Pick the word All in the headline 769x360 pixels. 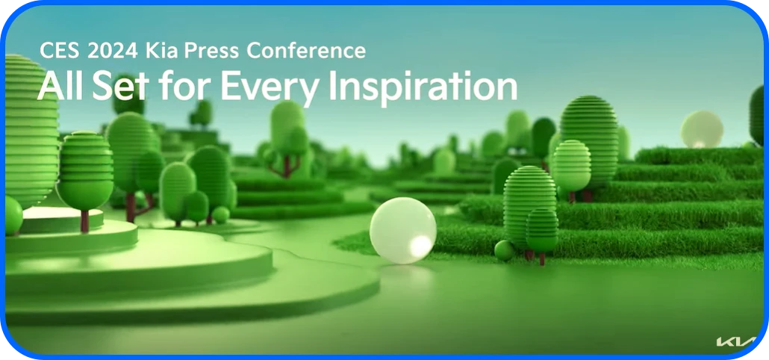point(60,87)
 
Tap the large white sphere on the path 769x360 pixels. point(403,229)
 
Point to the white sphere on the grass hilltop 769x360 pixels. point(702,130)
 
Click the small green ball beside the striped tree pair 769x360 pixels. point(505,249)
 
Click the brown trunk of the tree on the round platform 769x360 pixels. point(85,220)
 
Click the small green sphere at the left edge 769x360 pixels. point(13,215)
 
